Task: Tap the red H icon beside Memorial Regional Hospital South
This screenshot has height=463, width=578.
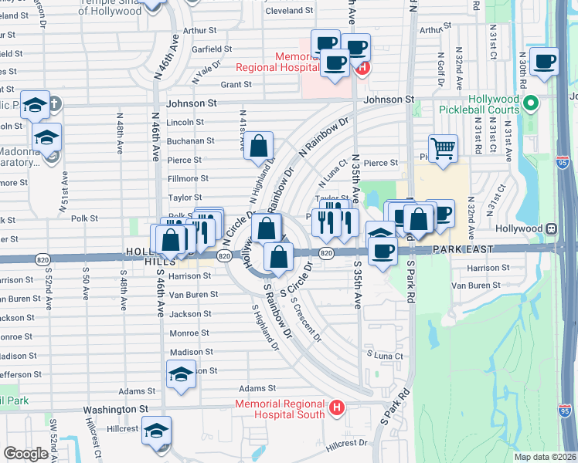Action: (x=336, y=407)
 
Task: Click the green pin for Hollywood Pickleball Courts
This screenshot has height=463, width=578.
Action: (x=530, y=103)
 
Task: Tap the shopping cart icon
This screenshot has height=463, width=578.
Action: (x=443, y=147)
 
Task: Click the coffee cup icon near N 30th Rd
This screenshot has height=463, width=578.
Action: (x=543, y=61)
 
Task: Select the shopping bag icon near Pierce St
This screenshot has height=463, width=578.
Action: (x=259, y=146)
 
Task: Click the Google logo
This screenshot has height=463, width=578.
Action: (x=26, y=454)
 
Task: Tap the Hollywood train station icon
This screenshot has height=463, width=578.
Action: (x=552, y=229)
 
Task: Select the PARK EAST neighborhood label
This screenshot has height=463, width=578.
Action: (x=462, y=250)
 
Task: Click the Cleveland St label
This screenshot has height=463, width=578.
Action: (x=288, y=12)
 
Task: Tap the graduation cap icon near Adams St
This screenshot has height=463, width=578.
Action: (x=182, y=376)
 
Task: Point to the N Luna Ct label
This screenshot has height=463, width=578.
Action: (x=335, y=173)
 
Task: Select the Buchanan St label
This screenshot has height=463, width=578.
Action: (x=191, y=141)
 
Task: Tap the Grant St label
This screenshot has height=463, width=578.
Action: (x=236, y=85)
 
